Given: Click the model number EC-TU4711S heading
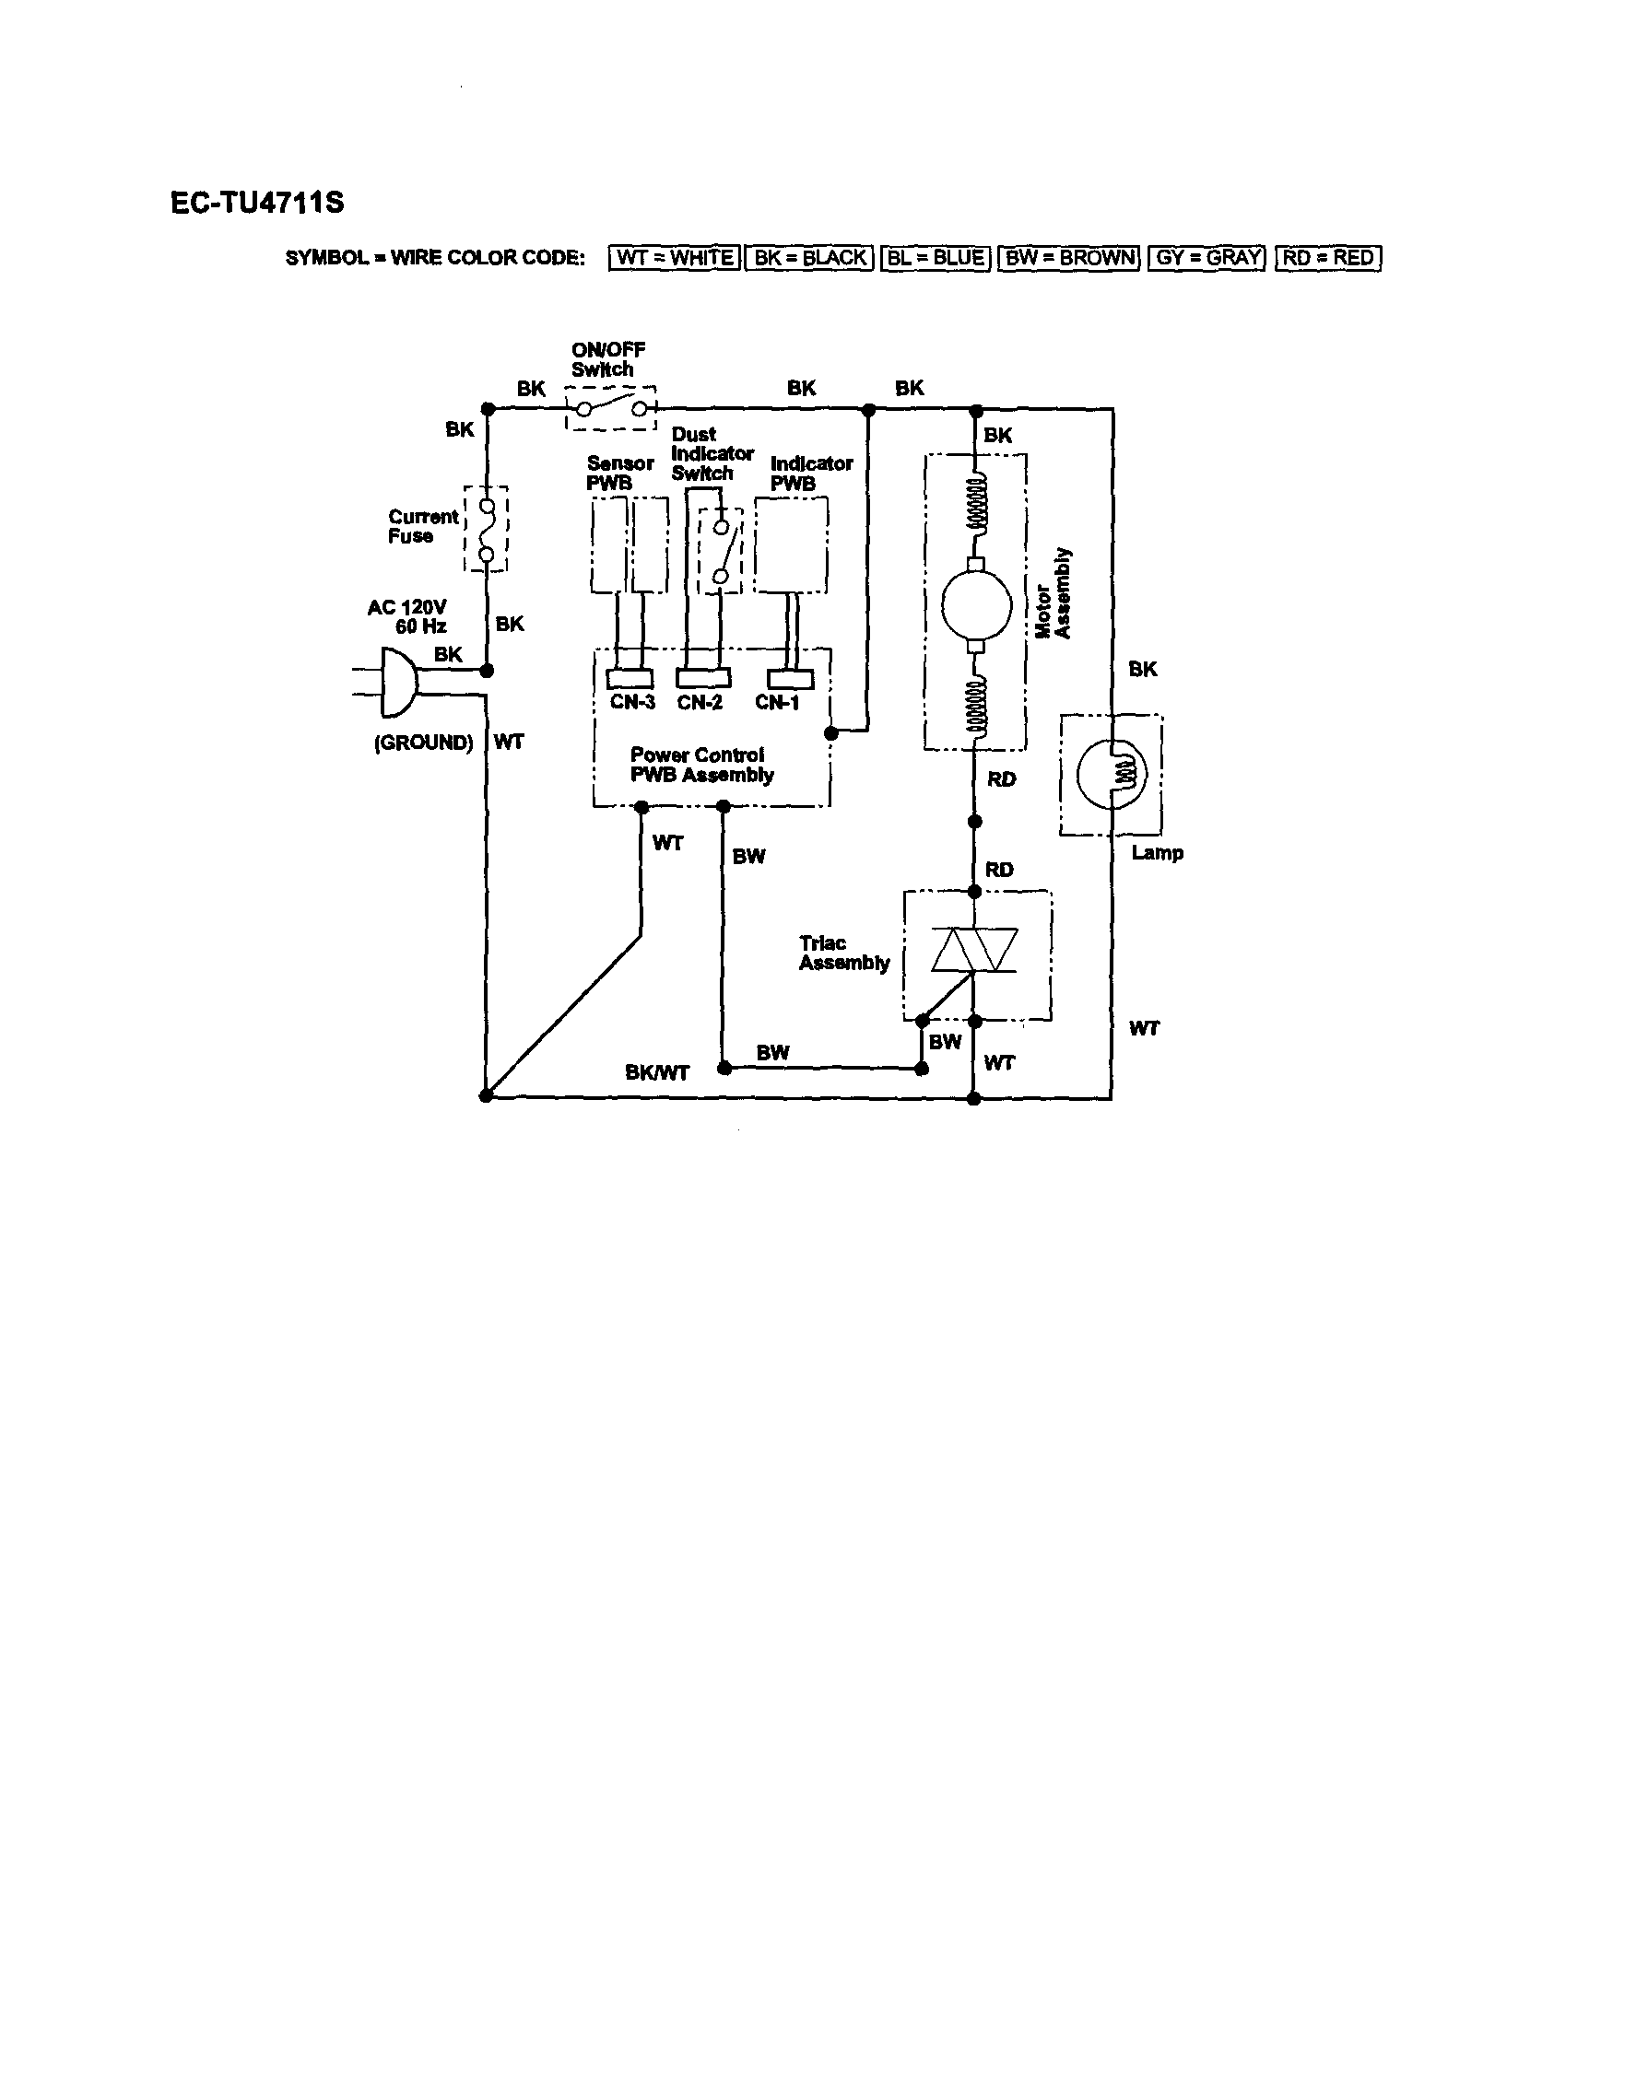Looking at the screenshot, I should pyautogui.click(x=256, y=203).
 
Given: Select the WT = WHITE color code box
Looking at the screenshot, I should pyautogui.click(x=675, y=258).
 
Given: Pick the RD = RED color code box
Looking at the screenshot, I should pyautogui.click(x=1327, y=258).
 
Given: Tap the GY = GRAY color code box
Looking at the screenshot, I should pyautogui.click(x=1207, y=258).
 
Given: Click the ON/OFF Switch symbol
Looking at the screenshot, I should pyautogui.click(x=611, y=408).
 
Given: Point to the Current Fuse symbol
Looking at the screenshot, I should pyautogui.click(x=488, y=530).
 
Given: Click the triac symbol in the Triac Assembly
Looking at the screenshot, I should pyautogui.click(x=974, y=951).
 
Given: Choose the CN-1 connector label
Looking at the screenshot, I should pyautogui.click(x=777, y=703).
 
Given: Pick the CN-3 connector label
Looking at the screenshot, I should pyautogui.click(x=632, y=703).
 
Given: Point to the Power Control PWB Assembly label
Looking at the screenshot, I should pyautogui.click(x=701, y=765).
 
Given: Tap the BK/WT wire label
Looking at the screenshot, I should pyautogui.click(x=657, y=1072).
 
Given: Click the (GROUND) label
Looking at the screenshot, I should pyautogui.click(x=424, y=743).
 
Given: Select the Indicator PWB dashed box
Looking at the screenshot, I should pyautogui.click(x=790, y=545).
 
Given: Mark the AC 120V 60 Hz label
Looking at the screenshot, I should pyautogui.click(x=408, y=616).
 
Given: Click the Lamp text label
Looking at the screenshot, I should pyautogui.click(x=1157, y=853).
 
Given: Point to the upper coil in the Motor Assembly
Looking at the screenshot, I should pyautogui.click(x=976, y=502).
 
